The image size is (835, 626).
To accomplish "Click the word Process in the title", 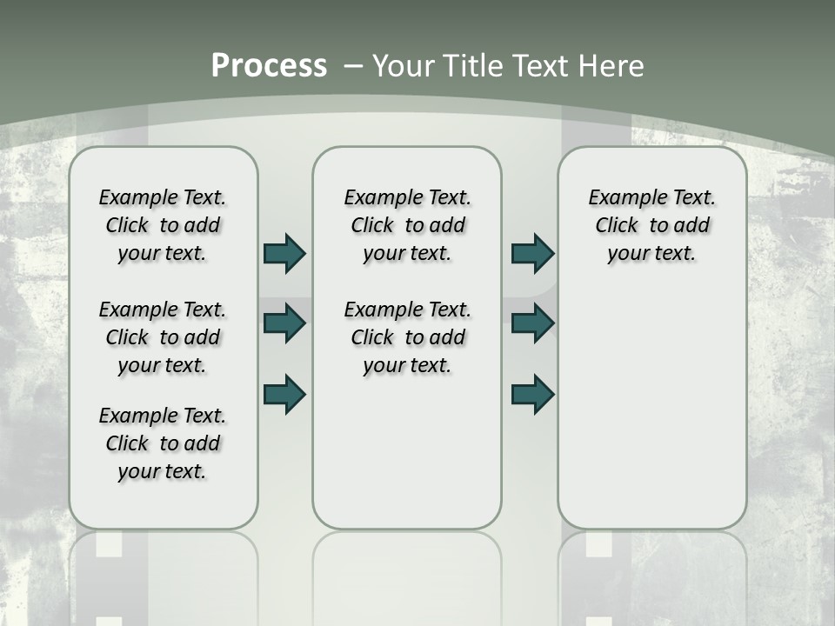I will (x=269, y=66).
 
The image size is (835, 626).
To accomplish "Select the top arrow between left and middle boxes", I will (x=284, y=254).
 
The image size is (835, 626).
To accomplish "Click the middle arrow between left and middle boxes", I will (x=284, y=323).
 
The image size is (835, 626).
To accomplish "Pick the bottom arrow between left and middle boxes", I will (x=284, y=394).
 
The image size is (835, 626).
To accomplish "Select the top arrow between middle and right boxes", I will (x=532, y=254).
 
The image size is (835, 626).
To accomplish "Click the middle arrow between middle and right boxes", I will (x=532, y=323).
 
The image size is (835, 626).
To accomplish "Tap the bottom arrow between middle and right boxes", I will (x=532, y=394).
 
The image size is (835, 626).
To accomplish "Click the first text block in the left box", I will (x=163, y=225).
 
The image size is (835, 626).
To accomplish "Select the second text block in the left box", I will (x=163, y=337).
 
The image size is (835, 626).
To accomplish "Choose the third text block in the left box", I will (x=163, y=443).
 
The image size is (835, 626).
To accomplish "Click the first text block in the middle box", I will (x=407, y=225).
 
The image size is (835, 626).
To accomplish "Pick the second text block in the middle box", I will (x=407, y=337).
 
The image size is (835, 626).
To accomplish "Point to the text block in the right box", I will (x=651, y=225).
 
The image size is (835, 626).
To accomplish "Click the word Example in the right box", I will (x=621, y=198).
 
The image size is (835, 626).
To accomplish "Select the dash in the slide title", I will (x=352, y=66).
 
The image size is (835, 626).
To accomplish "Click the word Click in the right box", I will (x=617, y=226).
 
